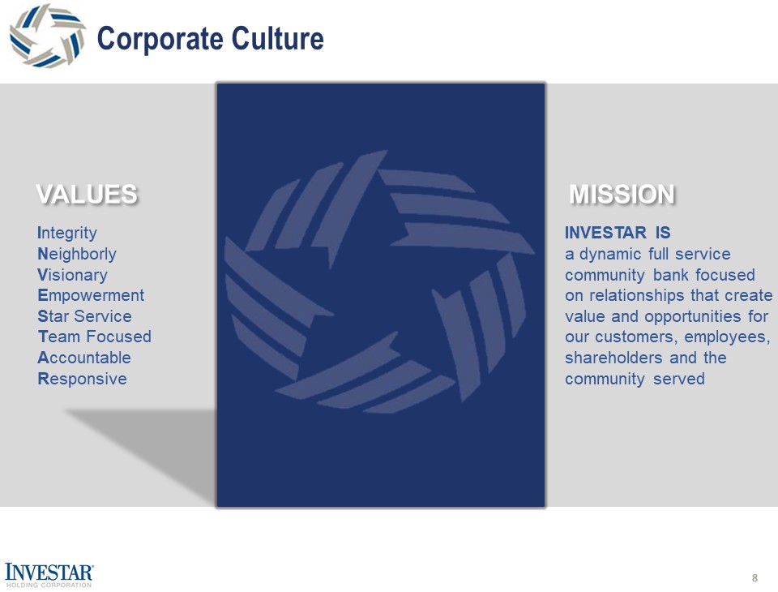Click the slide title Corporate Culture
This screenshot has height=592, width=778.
(x=210, y=38)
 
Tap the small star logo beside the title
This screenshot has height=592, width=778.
(x=47, y=36)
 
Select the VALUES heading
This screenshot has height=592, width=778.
(x=86, y=195)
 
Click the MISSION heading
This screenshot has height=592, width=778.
(x=622, y=195)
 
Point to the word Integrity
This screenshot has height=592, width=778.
(x=67, y=234)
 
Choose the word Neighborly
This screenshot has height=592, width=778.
(x=77, y=255)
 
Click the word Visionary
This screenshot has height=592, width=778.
(x=72, y=276)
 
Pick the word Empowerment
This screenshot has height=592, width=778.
(x=91, y=296)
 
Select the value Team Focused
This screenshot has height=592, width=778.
(x=94, y=337)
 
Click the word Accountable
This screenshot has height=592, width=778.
(x=84, y=358)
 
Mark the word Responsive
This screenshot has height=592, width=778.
(x=82, y=379)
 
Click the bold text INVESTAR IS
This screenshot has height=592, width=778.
(x=618, y=234)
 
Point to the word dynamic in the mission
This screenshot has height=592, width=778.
(x=607, y=255)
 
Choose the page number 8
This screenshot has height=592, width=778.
(x=754, y=577)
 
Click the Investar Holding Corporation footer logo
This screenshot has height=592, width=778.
(x=49, y=573)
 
